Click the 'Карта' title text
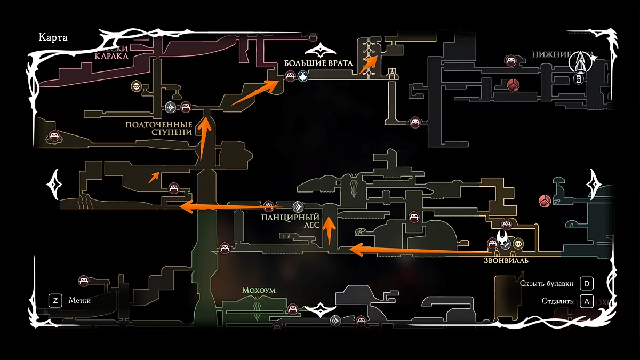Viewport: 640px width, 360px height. coord(52,38)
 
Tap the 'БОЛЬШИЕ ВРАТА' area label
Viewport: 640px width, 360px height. coord(318,63)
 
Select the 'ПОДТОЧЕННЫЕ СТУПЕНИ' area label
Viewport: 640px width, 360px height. coord(158,129)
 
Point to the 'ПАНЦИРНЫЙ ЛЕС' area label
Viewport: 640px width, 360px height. coord(290,221)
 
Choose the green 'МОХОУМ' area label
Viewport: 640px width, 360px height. coord(259,291)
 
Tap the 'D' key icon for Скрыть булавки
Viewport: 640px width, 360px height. coord(587,283)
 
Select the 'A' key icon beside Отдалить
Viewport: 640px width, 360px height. coord(587,301)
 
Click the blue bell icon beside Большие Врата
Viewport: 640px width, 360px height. coord(303,77)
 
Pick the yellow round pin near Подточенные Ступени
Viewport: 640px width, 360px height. coord(137,86)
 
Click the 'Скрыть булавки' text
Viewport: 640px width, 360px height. coord(546,283)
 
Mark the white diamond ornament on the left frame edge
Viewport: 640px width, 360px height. coord(55,185)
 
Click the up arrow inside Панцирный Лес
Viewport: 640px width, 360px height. coord(330,228)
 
